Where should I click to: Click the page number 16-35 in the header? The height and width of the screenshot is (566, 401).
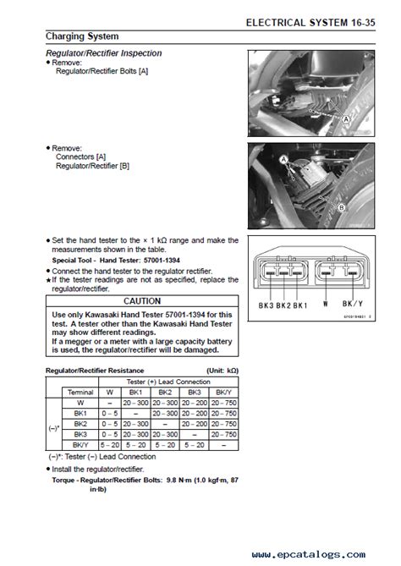point(363,23)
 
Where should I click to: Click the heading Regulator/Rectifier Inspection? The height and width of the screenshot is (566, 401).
point(103,53)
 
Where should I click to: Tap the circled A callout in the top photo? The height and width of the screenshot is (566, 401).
point(346,118)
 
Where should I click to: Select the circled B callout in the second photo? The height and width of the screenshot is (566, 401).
point(341,207)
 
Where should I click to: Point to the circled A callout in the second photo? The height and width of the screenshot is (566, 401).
point(283,159)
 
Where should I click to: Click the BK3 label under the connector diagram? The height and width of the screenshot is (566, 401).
point(266,305)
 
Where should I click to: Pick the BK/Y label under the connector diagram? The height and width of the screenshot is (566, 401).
point(353,304)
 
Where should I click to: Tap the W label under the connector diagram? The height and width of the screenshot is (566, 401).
point(326,304)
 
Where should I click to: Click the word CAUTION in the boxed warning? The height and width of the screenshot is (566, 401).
point(142,301)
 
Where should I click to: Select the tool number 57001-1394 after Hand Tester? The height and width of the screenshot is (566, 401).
point(162,261)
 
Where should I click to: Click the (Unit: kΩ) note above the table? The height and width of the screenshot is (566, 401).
point(222,371)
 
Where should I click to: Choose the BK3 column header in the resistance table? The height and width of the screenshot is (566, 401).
point(195,393)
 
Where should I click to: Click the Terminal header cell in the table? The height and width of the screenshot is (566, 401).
point(80,393)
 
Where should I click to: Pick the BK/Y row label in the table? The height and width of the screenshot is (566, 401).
point(80,445)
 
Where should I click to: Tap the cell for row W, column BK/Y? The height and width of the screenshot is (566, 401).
point(224,403)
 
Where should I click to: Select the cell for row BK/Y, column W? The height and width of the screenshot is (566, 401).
point(110,445)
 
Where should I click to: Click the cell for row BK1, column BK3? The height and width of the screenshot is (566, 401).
point(195,414)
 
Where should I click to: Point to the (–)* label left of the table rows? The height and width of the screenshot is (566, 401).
point(54,428)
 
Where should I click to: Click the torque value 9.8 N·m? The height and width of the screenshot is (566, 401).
point(179,480)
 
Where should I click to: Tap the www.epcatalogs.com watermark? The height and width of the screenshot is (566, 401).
point(309,554)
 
